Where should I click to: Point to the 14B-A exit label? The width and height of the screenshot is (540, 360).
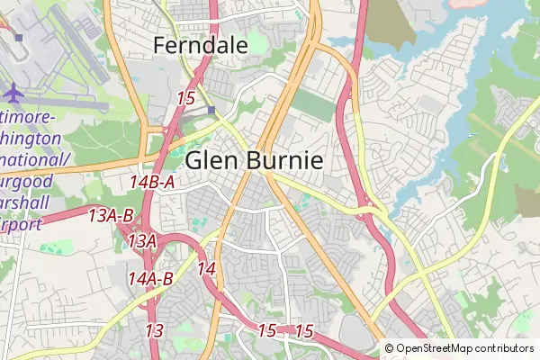[152, 183]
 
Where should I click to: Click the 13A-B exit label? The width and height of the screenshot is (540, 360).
[112, 215]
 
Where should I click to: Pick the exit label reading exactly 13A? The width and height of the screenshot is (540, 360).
[142, 241]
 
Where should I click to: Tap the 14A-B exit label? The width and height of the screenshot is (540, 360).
[150, 278]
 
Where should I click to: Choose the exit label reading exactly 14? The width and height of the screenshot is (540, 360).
[206, 268]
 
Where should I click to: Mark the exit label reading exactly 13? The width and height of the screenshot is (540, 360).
[154, 330]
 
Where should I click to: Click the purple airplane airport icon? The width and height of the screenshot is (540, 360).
[15, 92]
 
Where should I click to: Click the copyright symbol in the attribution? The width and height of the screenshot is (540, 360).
[390, 348]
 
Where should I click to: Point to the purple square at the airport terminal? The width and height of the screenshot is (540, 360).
[18, 37]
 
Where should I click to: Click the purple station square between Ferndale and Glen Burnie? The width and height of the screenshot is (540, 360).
[211, 111]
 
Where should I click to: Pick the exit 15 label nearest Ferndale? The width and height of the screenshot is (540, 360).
[187, 98]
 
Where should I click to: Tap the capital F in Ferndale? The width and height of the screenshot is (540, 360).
[160, 44]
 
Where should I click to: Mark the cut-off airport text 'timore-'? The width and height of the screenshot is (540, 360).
[28, 119]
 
